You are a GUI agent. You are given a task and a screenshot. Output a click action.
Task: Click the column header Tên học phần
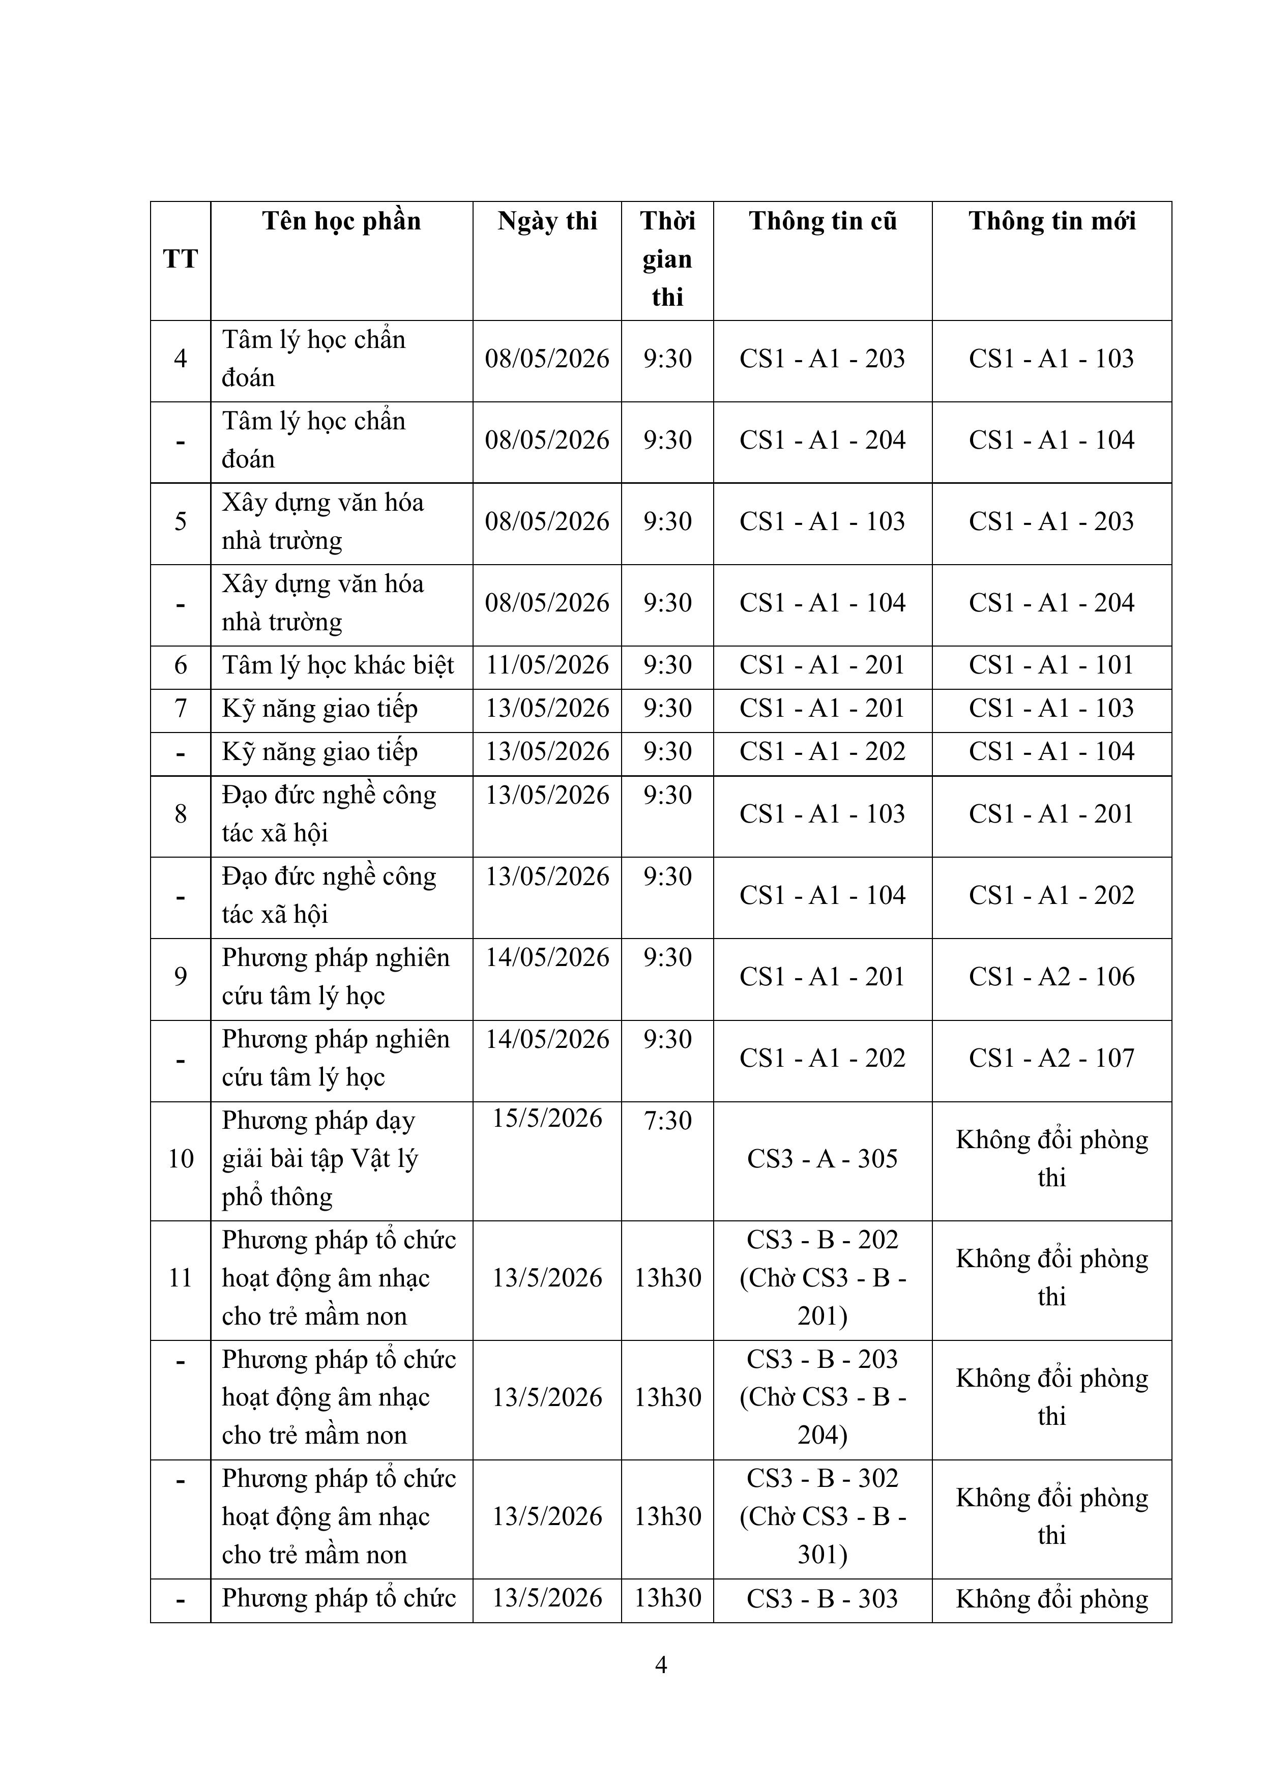pyautogui.click(x=341, y=222)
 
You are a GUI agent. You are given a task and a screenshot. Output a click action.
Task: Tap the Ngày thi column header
pyautogui.click(x=547, y=222)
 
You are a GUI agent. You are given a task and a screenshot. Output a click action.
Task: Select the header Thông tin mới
pyautogui.click(x=1051, y=222)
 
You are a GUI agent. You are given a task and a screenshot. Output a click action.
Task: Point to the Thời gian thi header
pyautogui.click(x=667, y=259)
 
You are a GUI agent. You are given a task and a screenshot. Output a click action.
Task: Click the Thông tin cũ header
pyautogui.click(x=823, y=222)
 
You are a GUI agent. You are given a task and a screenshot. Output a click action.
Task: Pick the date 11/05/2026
pyautogui.click(x=547, y=665)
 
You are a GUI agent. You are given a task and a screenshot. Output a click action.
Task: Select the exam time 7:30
pyautogui.click(x=667, y=1120)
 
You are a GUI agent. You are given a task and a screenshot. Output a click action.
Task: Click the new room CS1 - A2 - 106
pyautogui.click(x=1051, y=977)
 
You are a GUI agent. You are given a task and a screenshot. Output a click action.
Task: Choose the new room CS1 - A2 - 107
pyautogui.click(x=1051, y=1058)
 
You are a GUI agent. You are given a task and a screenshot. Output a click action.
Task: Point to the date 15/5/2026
pyautogui.click(x=547, y=1119)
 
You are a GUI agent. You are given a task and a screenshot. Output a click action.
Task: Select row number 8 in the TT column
pyautogui.click(x=181, y=814)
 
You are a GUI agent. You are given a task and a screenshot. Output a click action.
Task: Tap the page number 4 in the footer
pyautogui.click(x=661, y=1664)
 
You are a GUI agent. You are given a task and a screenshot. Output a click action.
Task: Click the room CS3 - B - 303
pyautogui.click(x=823, y=1598)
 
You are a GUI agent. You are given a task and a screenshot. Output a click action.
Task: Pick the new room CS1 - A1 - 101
pyautogui.click(x=1051, y=665)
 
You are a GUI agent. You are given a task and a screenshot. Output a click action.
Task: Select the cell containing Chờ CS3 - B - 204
pyautogui.click(x=823, y=1397)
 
